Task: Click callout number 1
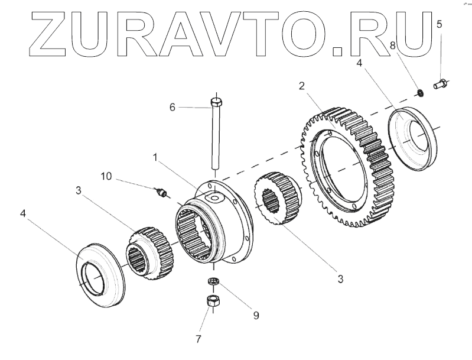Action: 155,158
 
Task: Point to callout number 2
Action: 301,86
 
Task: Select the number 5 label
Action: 439,24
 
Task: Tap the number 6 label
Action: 172,107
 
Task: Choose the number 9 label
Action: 256,316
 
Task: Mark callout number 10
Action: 106,176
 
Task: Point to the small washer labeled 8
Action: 419,92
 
